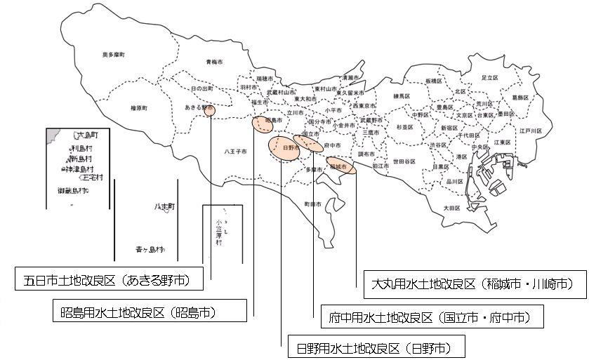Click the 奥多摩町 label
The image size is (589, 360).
113,54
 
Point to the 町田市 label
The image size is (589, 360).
313,204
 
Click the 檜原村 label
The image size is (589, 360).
140,107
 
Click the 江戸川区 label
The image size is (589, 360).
531,131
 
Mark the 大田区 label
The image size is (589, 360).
451,208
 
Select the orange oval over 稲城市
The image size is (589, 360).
341,166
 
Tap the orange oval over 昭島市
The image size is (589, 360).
264,123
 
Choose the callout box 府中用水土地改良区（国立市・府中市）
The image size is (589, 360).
431,317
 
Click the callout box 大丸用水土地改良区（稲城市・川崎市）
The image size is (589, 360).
476,284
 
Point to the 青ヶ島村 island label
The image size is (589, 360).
150,249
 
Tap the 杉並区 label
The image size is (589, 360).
406,127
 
